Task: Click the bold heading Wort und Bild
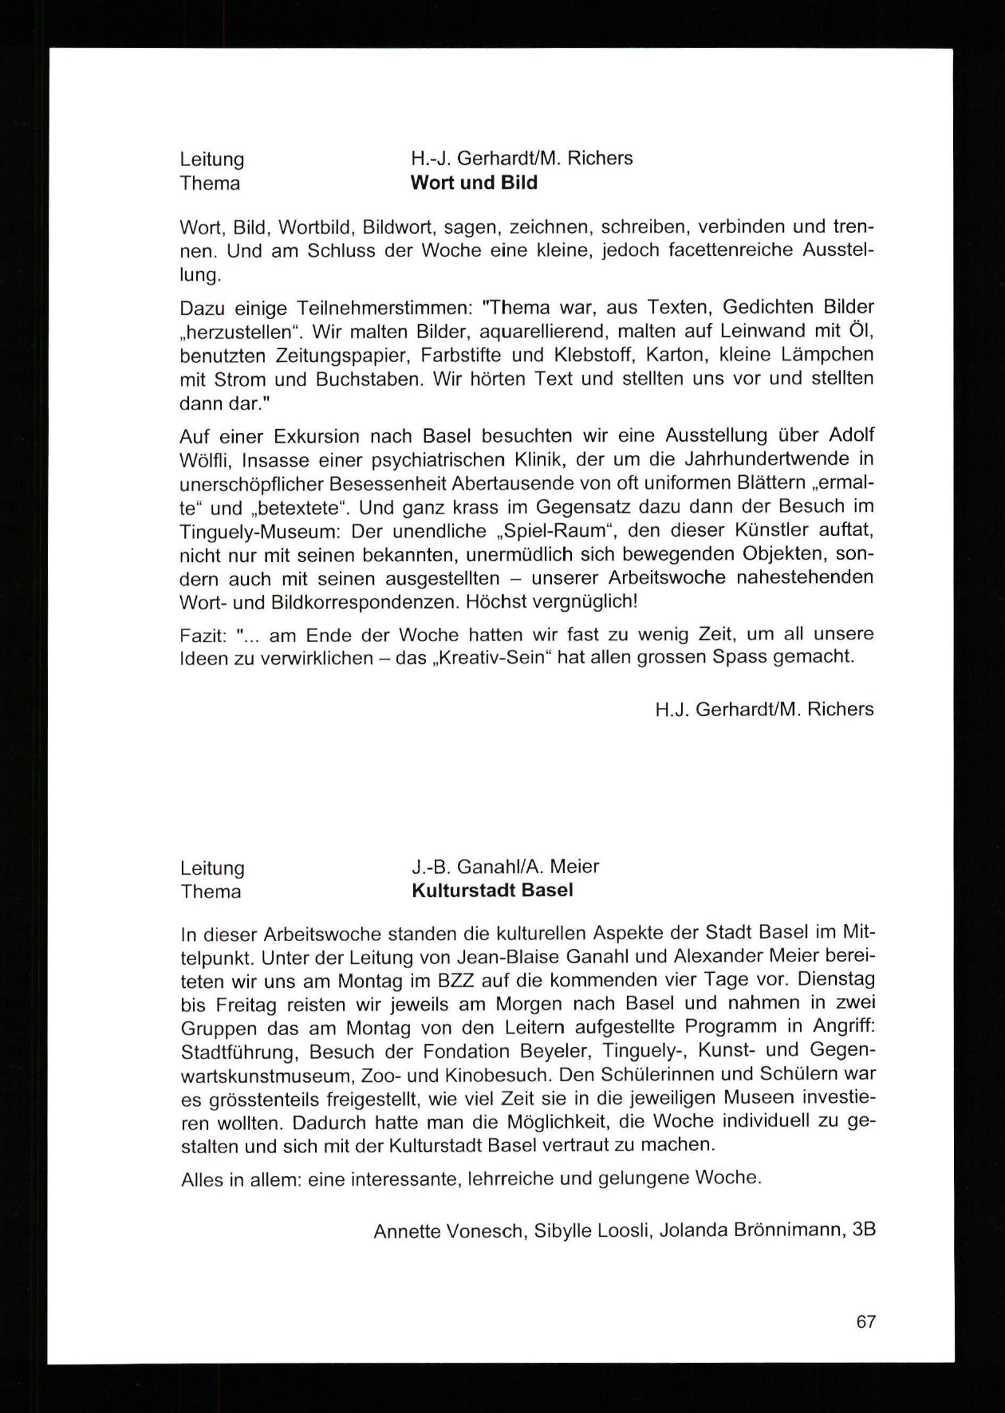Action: pyautogui.click(x=474, y=183)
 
